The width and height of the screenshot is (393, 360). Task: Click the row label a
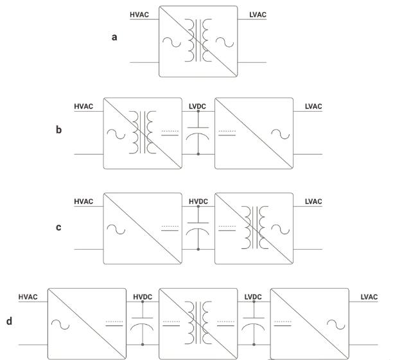[114, 37]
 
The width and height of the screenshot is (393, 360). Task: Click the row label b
[59, 129]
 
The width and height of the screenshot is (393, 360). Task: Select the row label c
[59, 227]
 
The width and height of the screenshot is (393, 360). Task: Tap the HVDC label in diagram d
[142, 296]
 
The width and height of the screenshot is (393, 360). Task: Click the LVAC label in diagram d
[369, 296]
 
